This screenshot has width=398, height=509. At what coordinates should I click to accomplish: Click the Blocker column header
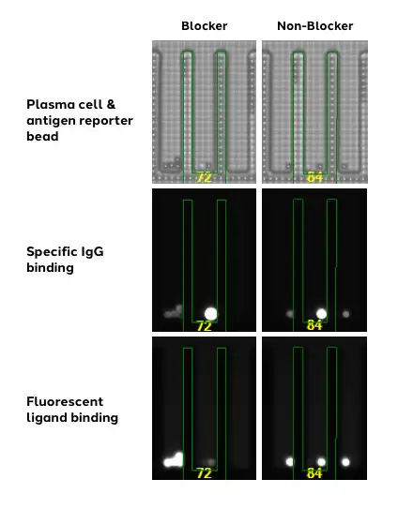[205, 26]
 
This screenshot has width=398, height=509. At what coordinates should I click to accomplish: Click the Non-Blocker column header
[315, 26]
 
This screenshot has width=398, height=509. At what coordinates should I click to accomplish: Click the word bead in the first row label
[42, 136]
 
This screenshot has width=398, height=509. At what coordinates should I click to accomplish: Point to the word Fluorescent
[65, 401]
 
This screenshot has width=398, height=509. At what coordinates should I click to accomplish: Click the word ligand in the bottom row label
[48, 418]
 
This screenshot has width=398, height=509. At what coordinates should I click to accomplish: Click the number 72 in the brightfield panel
[204, 177]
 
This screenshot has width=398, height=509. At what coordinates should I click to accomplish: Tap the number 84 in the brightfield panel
[314, 177]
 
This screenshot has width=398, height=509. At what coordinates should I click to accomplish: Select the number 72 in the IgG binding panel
[204, 326]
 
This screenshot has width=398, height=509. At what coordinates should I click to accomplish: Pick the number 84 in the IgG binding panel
[314, 325]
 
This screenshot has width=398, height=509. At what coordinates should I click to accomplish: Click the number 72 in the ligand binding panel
[204, 473]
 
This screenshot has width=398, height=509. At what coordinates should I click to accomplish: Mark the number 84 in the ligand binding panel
[314, 473]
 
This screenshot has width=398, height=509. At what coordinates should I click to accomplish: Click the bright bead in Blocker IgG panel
[210, 314]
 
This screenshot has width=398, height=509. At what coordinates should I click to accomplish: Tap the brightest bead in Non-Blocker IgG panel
[321, 314]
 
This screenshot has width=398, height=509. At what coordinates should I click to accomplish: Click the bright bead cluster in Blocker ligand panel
[174, 460]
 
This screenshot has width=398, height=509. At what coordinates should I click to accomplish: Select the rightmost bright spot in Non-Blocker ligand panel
[345, 462]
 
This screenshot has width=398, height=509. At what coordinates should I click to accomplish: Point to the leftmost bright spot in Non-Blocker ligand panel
[289, 461]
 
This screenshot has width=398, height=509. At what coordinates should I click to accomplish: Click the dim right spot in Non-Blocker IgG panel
[346, 314]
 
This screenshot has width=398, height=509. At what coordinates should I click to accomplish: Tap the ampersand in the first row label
[111, 105]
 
